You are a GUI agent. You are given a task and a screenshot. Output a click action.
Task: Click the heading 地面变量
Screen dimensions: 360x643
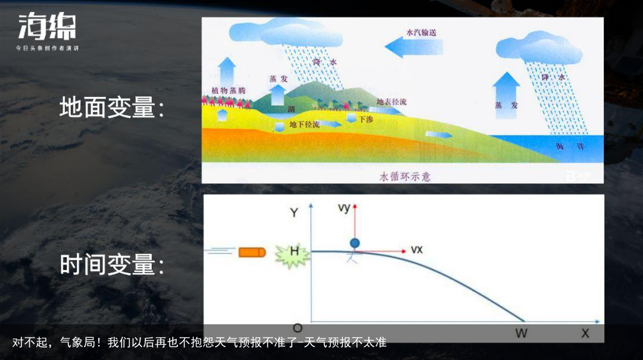coord(111,108)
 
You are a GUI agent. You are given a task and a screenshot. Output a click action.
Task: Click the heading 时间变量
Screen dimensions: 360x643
coord(111,265)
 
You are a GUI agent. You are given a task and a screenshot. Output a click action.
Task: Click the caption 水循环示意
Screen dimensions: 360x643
coord(404,177)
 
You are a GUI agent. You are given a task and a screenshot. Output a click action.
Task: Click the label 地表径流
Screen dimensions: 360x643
coord(392,102)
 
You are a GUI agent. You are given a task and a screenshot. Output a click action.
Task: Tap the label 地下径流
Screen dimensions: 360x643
coord(304,124)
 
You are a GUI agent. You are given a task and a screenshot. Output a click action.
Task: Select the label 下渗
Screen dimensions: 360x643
coord(366,119)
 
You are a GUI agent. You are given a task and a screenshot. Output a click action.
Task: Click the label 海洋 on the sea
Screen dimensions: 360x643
coord(564,146)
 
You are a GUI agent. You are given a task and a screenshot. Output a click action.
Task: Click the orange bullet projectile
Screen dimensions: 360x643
coord(252,252)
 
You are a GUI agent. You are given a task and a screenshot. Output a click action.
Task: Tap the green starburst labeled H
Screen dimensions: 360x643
coord(294,252)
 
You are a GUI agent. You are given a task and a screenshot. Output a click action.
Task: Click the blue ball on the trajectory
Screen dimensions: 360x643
coord(355,243)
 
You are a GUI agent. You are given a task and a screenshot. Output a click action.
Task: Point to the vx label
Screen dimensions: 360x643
coord(417,249)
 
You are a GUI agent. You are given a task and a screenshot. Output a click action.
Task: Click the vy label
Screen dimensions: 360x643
coord(344,208)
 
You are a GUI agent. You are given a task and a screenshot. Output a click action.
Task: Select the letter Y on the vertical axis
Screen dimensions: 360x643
coord(294,212)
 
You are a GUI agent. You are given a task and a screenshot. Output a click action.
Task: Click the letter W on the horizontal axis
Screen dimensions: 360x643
coord(521,333)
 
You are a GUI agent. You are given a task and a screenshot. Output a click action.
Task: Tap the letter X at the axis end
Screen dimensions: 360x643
coord(585,333)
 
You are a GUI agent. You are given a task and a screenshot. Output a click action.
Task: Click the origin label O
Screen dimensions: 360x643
coord(298,328)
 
